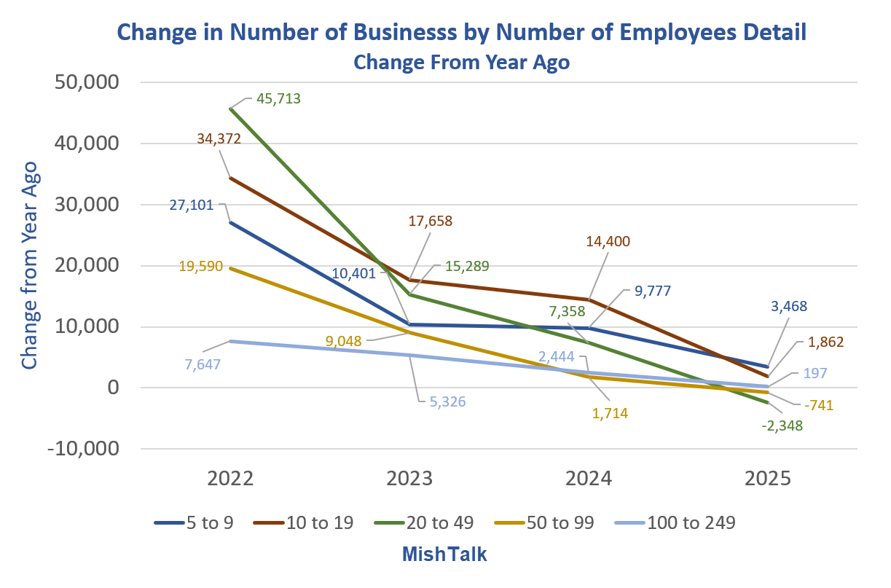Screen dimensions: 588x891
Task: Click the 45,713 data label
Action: click(x=277, y=98)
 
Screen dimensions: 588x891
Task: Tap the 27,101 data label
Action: click(x=190, y=205)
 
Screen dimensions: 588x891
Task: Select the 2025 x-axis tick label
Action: click(x=767, y=478)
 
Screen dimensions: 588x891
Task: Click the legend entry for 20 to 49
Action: click(x=436, y=522)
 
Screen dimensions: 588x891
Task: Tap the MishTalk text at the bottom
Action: click(x=444, y=554)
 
